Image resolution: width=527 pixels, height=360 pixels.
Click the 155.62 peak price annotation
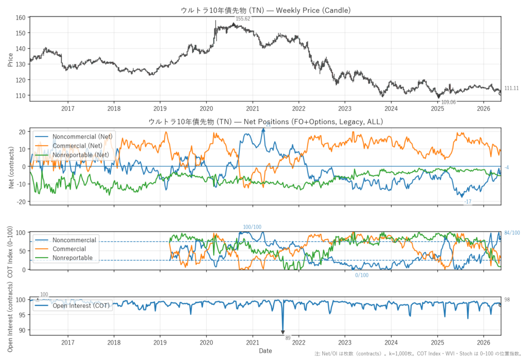pyautogui.click(x=243, y=19)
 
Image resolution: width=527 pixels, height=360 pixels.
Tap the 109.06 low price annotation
pyautogui.click(x=448, y=102)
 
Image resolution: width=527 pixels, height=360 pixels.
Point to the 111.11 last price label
pyautogui.click(x=511, y=88)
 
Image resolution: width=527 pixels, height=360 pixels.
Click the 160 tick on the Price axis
pyautogui.click(x=21, y=18)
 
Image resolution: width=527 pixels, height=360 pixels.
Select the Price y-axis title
pyautogui.click(x=10, y=60)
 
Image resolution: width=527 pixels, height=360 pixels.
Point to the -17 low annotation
pyautogui.click(x=468, y=201)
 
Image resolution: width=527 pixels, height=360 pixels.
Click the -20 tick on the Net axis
pyautogui.click(x=22, y=201)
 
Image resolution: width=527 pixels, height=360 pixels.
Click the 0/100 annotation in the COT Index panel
pyautogui.click(x=362, y=275)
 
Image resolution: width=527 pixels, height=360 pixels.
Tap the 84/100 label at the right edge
pyautogui.click(x=512, y=233)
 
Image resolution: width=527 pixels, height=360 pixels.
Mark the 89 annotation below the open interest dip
pyautogui.click(x=288, y=338)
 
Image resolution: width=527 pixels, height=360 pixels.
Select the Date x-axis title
pyautogui.click(x=265, y=351)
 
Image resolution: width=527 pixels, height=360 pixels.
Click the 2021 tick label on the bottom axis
pyautogui.click(x=252, y=342)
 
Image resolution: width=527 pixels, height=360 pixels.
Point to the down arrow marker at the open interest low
pyautogui.click(x=283, y=332)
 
